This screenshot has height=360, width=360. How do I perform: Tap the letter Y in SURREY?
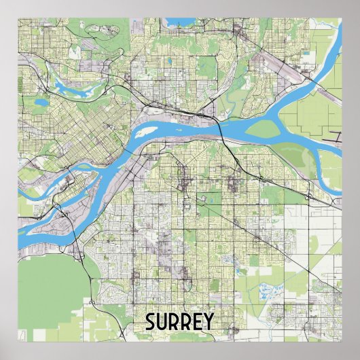point(206,322)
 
